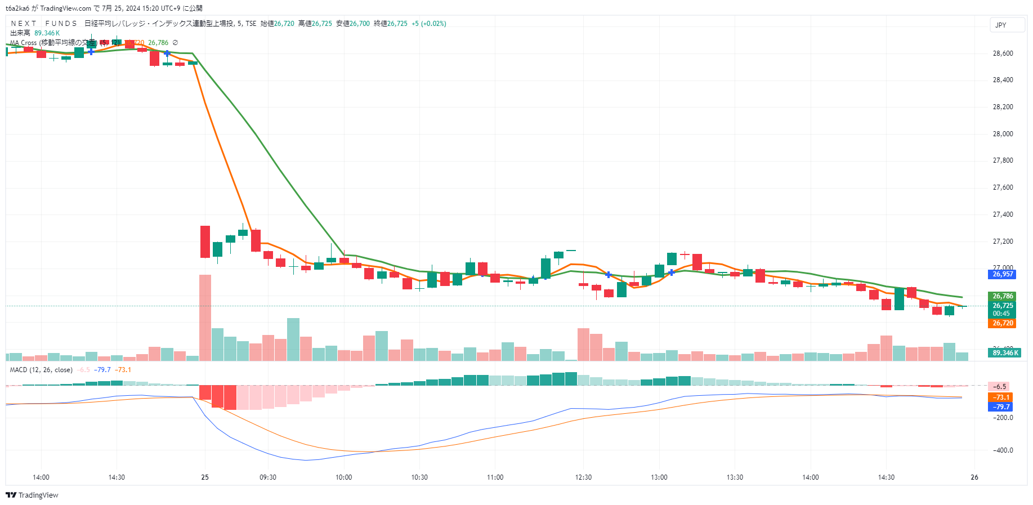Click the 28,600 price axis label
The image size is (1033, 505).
pyautogui.click(x=1003, y=53)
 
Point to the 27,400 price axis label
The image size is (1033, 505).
pyautogui.click(x=1003, y=214)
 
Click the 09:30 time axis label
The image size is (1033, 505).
pyautogui.click(x=268, y=477)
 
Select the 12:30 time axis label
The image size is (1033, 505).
pyautogui.click(x=584, y=477)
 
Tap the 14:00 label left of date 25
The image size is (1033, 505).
pyautogui.click(x=41, y=477)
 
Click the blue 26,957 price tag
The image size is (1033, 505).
pyautogui.click(x=1003, y=274)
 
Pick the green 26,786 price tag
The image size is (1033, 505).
pyautogui.click(x=1003, y=296)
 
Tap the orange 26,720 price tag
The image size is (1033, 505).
pyautogui.click(x=1003, y=323)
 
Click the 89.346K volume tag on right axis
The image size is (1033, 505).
pyautogui.click(x=1005, y=353)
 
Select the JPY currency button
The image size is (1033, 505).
pyautogui.click(x=1007, y=25)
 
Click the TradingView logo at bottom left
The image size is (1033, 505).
pyautogui.click(x=32, y=495)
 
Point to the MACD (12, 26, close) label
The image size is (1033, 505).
pyautogui.click(x=41, y=370)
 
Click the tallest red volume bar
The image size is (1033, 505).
pyautogui.click(x=205, y=318)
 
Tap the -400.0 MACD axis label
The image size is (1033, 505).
pyautogui.click(x=1003, y=450)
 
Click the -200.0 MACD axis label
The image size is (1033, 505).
pyautogui.click(x=1003, y=418)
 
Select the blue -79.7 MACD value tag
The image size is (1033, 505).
pyautogui.click(x=1000, y=406)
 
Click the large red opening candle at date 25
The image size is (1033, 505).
pyautogui.click(x=205, y=242)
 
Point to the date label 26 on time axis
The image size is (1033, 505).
pyautogui.click(x=974, y=477)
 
